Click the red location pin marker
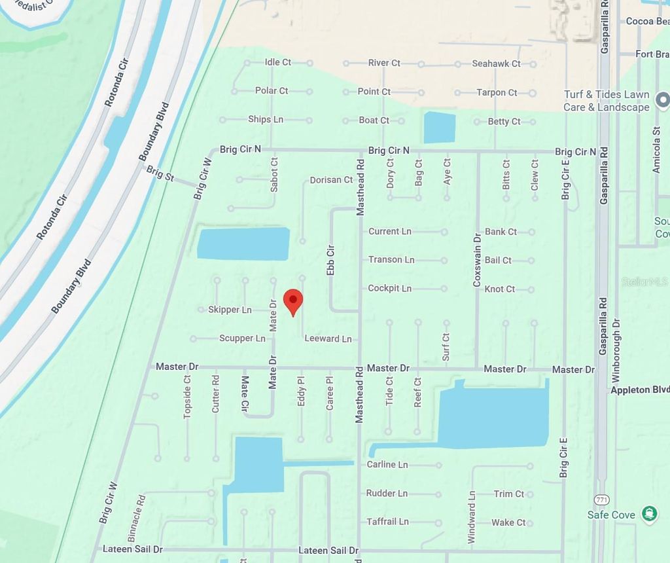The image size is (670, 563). pyautogui.click(x=292, y=301)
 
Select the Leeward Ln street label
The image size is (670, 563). pyautogui.click(x=328, y=338)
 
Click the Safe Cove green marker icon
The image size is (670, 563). pyautogui.click(x=649, y=514)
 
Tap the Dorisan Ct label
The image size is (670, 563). pyautogui.click(x=331, y=180)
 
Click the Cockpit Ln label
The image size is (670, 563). pyautogui.click(x=389, y=288)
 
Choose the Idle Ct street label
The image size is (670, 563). pyautogui.click(x=277, y=62)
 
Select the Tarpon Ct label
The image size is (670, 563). pyautogui.click(x=497, y=92)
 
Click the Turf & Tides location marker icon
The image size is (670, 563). pyautogui.click(x=662, y=100)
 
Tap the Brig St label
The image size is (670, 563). pyautogui.click(x=160, y=174)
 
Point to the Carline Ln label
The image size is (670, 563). pyautogui.click(x=387, y=464)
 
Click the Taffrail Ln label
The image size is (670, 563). pyautogui.click(x=387, y=522)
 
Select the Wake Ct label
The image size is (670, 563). pyautogui.click(x=508, y=522)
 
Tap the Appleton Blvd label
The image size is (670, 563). pyautogui.click(x=639, y=390)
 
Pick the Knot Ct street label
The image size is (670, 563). pyautogui.click(x=500, y=289)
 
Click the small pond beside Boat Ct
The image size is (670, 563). pyautogui.click(x=439, y=127)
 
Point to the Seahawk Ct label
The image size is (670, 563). pyautogui.click(x=496, y=64)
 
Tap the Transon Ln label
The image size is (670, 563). pyautogui.click(x=391, y=260)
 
